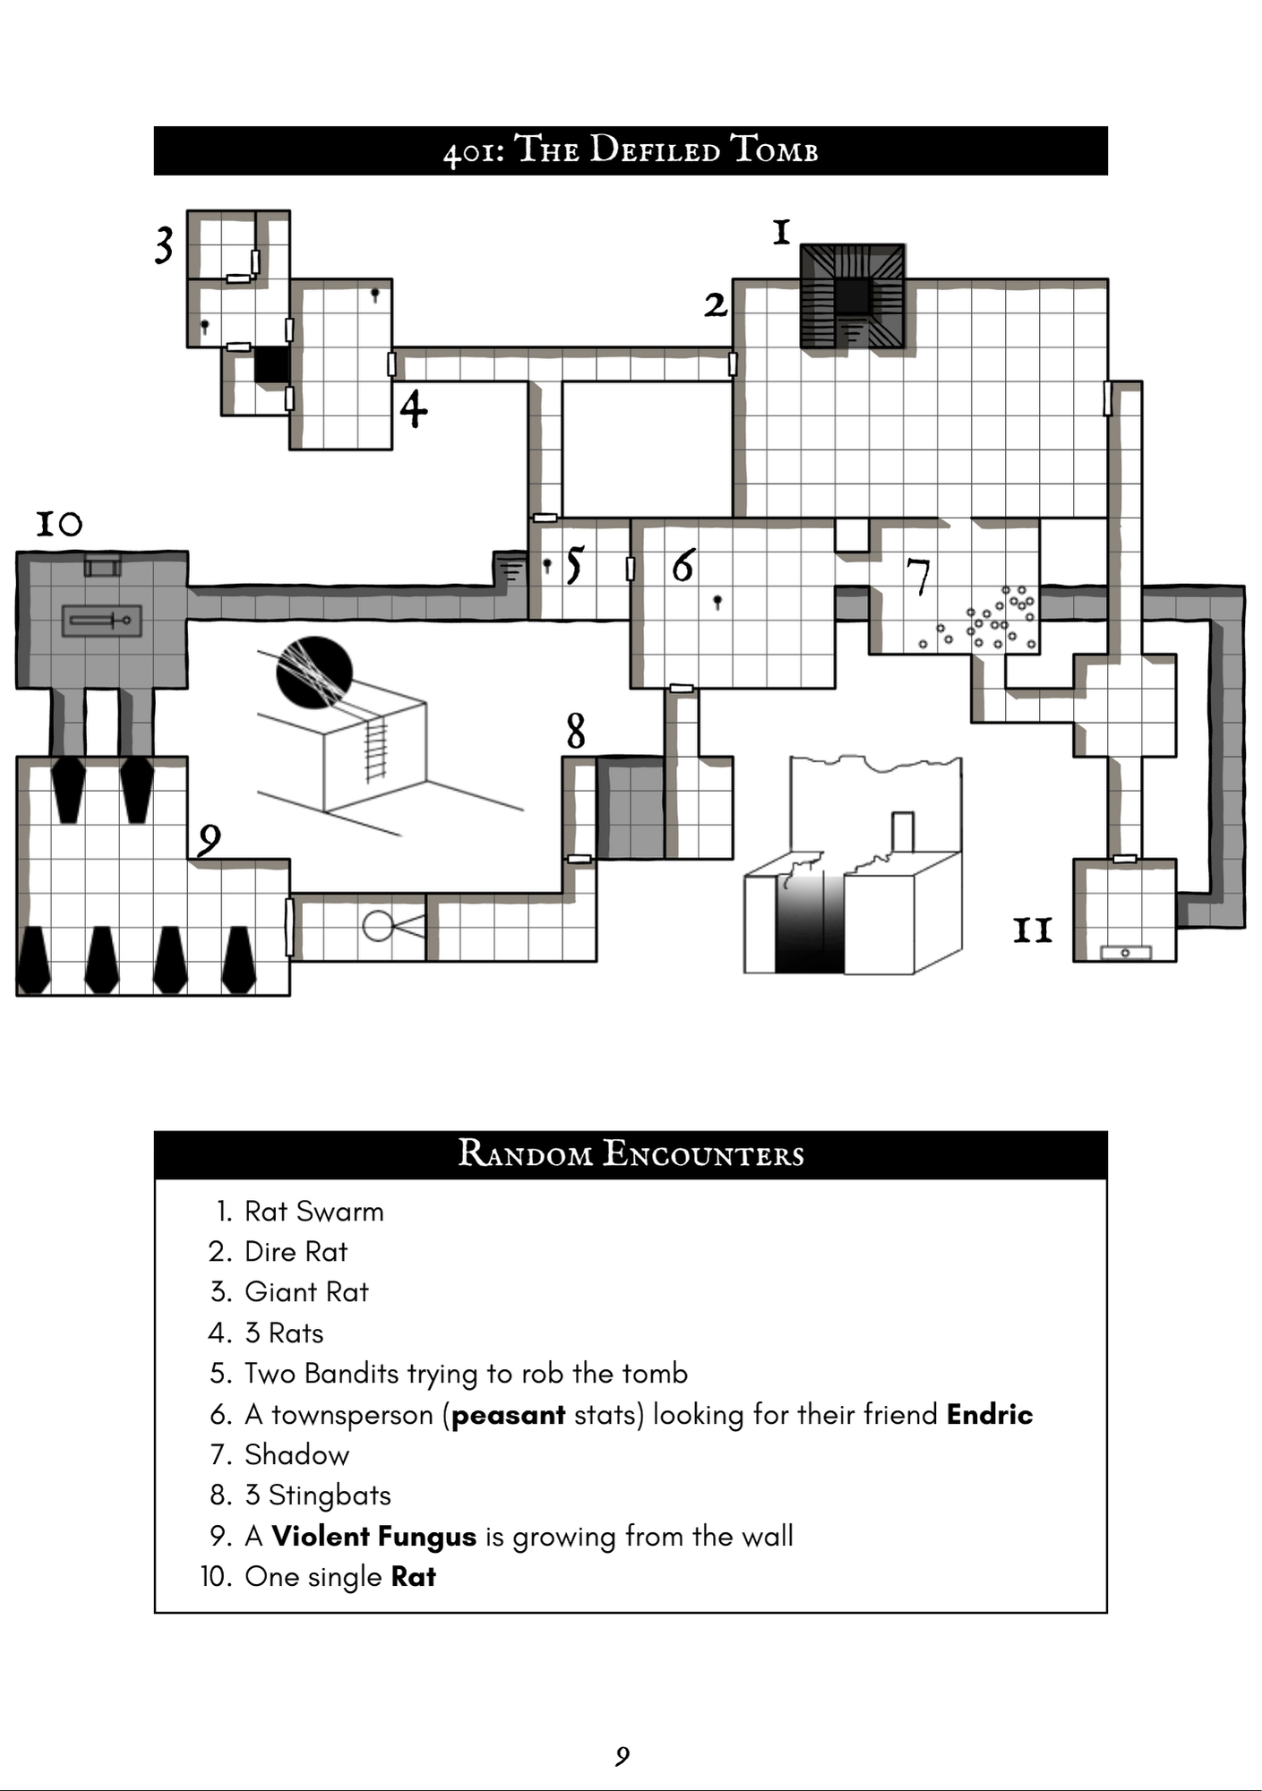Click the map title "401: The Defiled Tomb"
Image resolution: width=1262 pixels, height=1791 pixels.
631,150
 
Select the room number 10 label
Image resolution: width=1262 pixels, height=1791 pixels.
59,523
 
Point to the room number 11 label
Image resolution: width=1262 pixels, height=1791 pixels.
1032,931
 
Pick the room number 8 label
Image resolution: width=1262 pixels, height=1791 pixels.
576,731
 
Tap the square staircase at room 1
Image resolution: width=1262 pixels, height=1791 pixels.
852,296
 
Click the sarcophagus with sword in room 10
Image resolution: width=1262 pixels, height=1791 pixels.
101,620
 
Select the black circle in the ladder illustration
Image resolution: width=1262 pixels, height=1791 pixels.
313,672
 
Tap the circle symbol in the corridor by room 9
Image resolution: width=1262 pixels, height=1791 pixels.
378,926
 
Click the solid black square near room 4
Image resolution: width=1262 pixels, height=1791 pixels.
272,365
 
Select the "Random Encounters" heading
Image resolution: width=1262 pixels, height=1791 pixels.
631,1154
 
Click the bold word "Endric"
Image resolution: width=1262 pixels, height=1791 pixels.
989,1414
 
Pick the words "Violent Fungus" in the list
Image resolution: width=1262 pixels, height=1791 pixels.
373,1537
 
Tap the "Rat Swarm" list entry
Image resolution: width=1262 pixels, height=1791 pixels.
313,1212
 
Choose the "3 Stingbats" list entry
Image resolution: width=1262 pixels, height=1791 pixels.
318,1495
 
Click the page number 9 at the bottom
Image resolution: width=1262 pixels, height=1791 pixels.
622,1756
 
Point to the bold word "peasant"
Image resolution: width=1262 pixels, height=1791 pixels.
508,1415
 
